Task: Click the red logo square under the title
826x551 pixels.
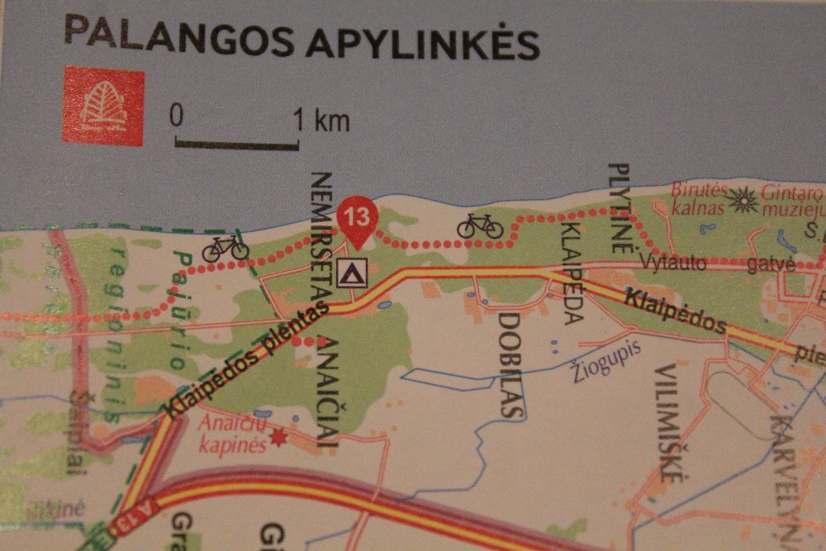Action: click(x=103, y=106)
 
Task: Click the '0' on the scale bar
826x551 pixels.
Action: click(x=176, y=115)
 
